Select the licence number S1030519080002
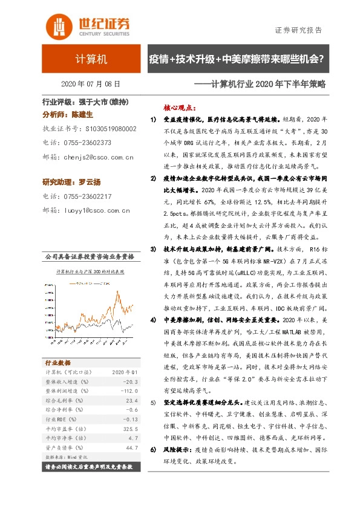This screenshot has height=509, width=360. [110, 129]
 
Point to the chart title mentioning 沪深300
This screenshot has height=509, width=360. [87, 271]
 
